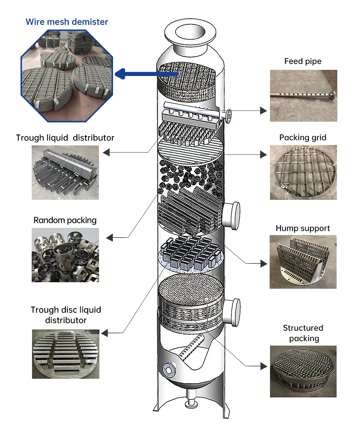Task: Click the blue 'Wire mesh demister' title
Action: click(67, 22)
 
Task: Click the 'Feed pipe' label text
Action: click(303, 61)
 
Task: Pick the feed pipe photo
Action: click(303, 95)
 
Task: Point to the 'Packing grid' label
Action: click(303, 138)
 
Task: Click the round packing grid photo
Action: click(303, 172)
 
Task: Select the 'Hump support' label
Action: click(303, 228)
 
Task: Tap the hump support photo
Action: click(303, 262)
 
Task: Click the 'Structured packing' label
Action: click(303, 333)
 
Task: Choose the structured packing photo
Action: click(303, 371)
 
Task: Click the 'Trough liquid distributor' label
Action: click(65, 138)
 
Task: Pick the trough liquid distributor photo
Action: click(65, 172)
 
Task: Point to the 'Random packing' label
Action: click(65, 220)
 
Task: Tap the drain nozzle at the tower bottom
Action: click(190, 401)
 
